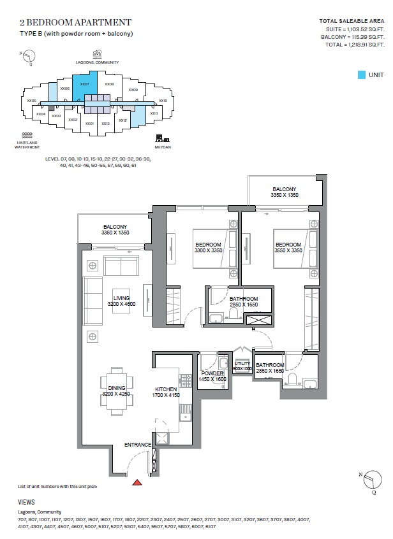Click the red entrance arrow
(x=136, y=482)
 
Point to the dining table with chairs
(x=116, y=385)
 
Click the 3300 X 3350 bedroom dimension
(x=208, y=252)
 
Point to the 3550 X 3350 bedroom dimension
(x=288, y=252)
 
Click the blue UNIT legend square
(x=362, y=75)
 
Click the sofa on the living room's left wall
(x=93, y=301)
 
